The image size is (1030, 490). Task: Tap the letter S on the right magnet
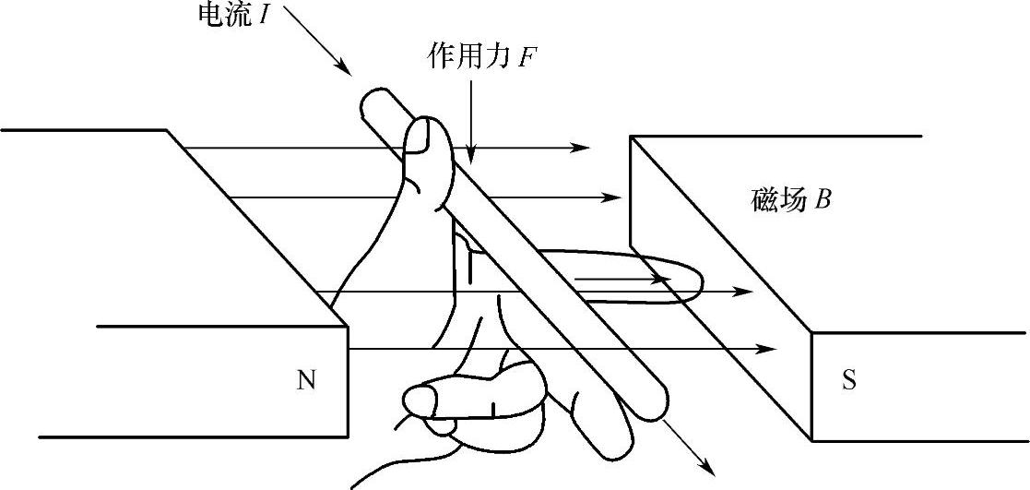(x=848, y=380)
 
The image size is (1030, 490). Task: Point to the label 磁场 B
(x=790, y=199)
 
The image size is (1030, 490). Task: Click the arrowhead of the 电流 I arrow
(x=344, y=71)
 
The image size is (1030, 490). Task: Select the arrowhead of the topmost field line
(x=583, y=147)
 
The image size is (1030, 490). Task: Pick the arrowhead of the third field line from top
(x=746, y=292)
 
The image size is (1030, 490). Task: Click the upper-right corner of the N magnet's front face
(x=348, y=326)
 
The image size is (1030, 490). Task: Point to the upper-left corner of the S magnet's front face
(x=811, y=333)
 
